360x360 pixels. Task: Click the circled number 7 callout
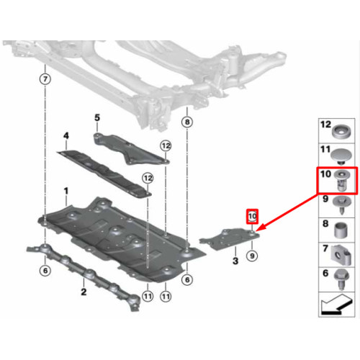pyautogui.click(x=45, y=78)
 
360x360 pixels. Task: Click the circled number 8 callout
pyautogui.click(x=187, y=122)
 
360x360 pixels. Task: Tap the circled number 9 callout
pyautogui.click(x=252, y=256)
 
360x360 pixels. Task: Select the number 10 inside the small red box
pyautogui.click(x=253, y=216)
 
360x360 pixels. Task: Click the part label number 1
pyautogui.click(x=66, y=191)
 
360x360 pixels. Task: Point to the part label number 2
pyautogui.click(x=84, y=292)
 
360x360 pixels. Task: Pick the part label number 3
pyautogui.click(x=235, y=261)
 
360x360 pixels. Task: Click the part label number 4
pyautogui.click(x=66, y=135)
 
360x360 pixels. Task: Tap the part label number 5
pyautogui.click(x=97, y=117)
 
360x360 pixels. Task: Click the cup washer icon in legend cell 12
pyautogui.click(x=341, y=131)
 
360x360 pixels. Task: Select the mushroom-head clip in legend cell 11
pyautogui.click(x=341, y=156)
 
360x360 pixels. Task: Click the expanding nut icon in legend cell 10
pyautogui.click(x=342, y=180)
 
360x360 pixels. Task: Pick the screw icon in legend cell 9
pyautogui.click(x=342, y=205)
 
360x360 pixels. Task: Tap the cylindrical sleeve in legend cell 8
pyautogui.click(x=341, y=230)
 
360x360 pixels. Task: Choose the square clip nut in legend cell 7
pyautogui.click(x=341, y=256)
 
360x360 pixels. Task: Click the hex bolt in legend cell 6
pyautogui.click(x=341, y=280)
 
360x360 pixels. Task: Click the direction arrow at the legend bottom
pyautogui.click(x=337, y=305)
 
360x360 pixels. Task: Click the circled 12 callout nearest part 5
pyautogui.click(x=166, y=145)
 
